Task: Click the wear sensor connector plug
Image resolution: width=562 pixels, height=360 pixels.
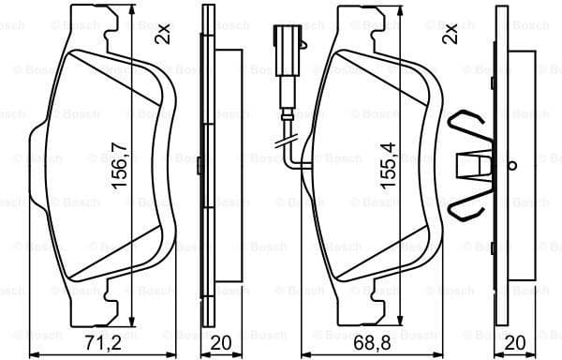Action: point(284,42)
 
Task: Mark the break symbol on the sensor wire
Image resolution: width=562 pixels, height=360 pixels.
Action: point(283,142)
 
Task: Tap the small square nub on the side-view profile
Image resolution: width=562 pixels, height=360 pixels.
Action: point(200,164)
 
